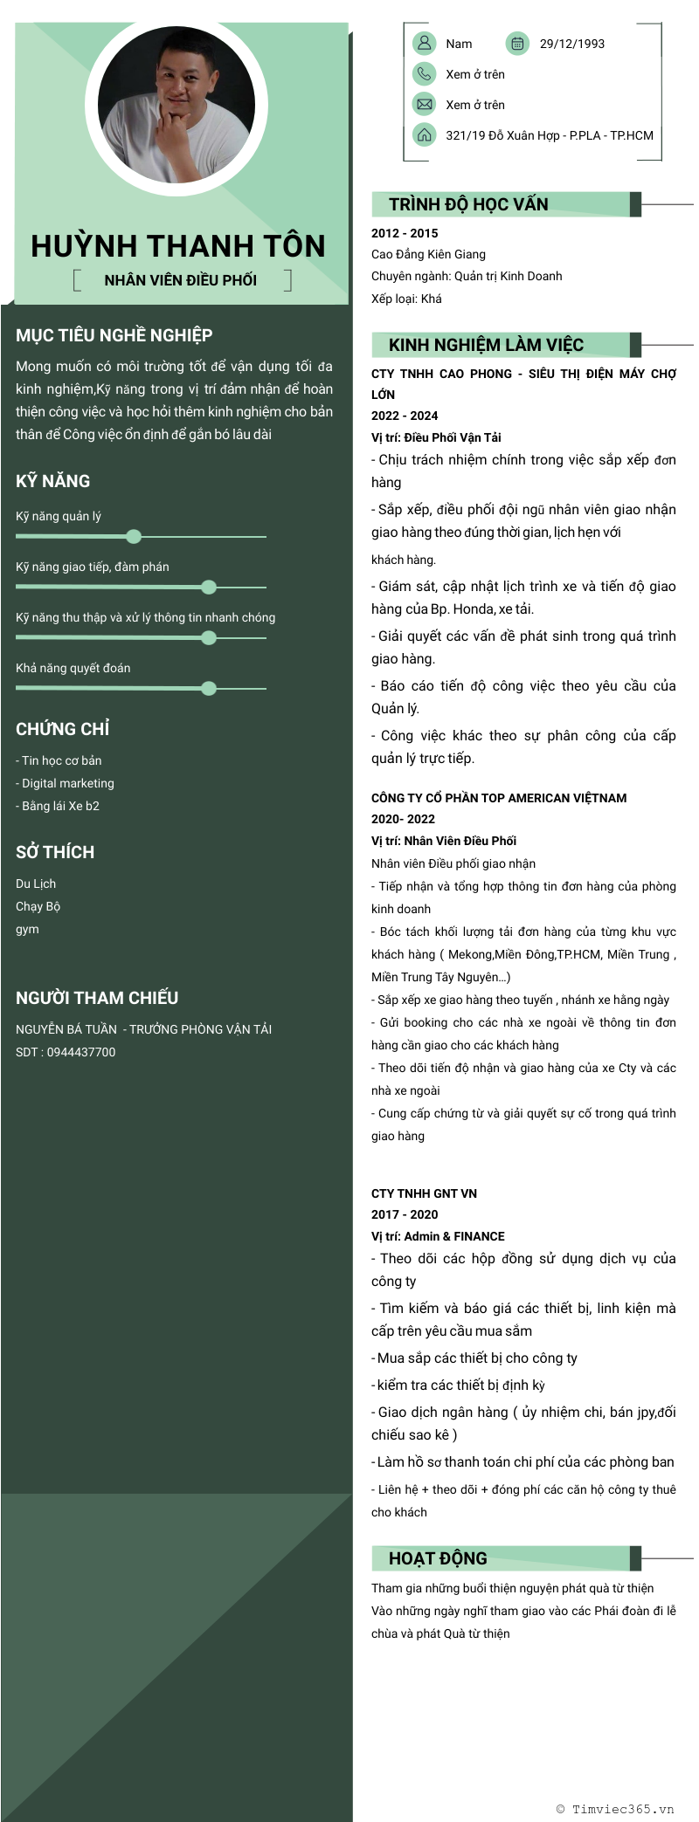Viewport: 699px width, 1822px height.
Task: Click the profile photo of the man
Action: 176,104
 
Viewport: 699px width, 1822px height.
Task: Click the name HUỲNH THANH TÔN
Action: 178,246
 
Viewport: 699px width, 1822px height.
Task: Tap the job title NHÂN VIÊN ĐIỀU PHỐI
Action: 181,280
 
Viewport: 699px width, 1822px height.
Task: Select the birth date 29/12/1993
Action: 571,44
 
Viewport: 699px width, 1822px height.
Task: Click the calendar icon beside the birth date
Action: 517,43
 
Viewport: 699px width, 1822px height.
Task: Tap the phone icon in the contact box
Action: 424,74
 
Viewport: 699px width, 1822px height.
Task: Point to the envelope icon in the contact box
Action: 424,105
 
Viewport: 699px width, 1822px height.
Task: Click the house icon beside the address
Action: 424,135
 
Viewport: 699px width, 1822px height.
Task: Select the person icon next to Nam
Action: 424,43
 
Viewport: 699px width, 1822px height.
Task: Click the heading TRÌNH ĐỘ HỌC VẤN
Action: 468,204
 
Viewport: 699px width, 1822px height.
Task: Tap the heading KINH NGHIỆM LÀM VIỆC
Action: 486,345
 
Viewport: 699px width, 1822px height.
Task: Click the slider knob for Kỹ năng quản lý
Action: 134,536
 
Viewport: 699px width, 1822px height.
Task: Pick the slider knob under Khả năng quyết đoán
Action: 209,688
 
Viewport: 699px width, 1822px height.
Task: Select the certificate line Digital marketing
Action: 67,783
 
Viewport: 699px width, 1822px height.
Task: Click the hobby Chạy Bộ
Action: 38,906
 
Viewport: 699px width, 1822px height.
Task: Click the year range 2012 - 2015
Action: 405,233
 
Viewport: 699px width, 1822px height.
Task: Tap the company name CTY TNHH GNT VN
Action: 424,1193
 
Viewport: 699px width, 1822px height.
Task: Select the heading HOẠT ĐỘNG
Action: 438,1558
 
